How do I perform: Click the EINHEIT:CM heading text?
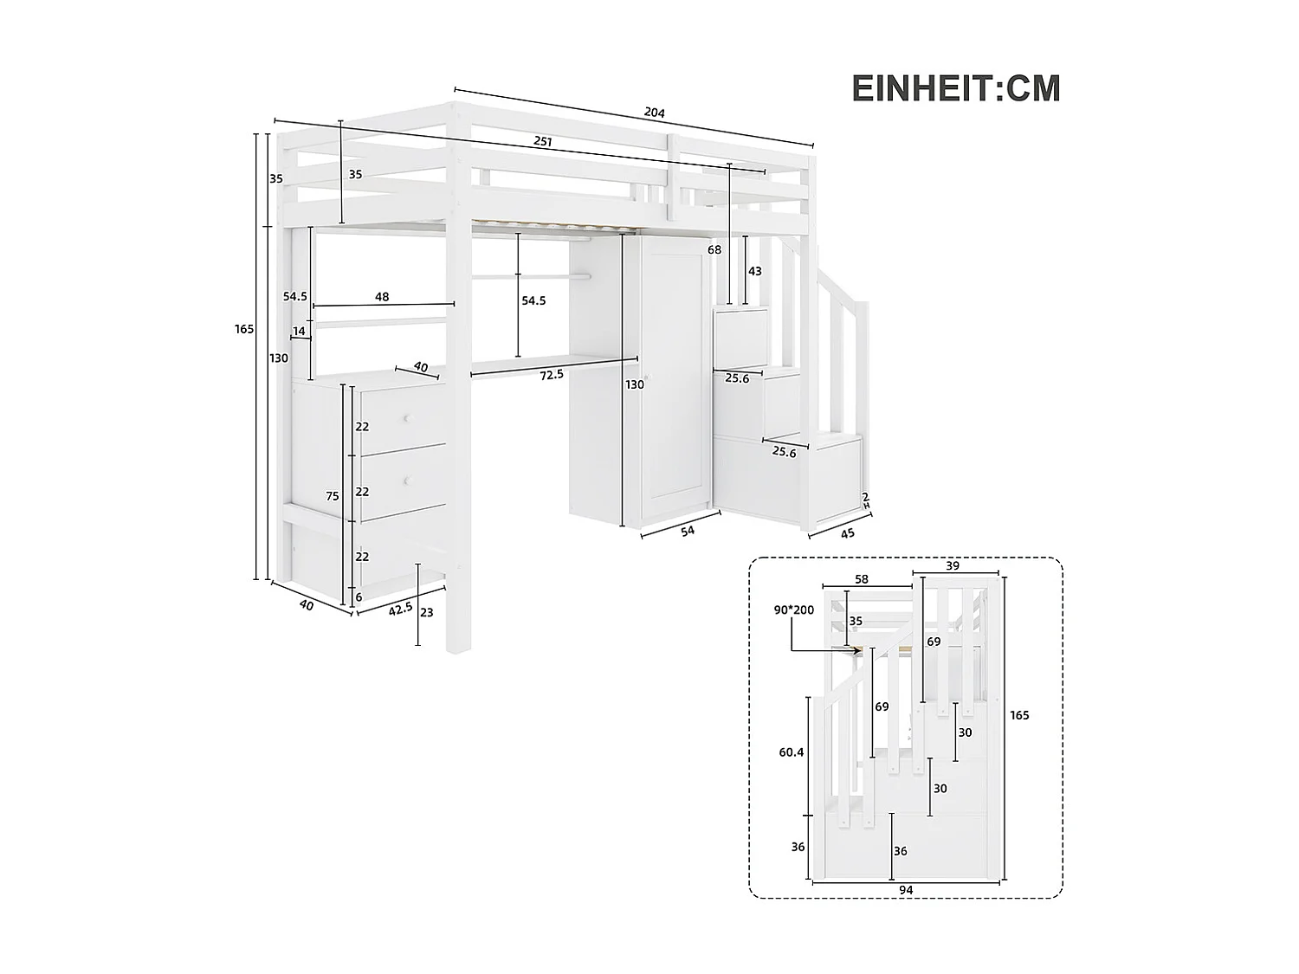click(956, 88)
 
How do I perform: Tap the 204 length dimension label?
click(654, 113)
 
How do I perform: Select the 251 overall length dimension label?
click(542, 141)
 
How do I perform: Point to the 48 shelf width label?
click(382, 297)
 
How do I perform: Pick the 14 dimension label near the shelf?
click(299, 331)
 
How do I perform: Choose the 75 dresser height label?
click(333, 496)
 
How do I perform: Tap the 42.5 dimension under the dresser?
click(400, 609)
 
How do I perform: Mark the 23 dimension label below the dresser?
click(425, 612)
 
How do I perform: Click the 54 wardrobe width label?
click(688, 531)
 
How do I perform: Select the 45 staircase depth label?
click(847, 533)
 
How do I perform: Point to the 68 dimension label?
click(714, 250)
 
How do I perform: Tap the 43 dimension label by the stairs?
click(754, 271)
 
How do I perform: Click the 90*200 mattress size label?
click(794, 610)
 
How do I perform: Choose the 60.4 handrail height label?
click(791, 752)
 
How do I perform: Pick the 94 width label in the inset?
click(905, 890)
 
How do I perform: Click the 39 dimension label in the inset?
click(952, 565)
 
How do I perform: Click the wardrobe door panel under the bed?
click(671, 381)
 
